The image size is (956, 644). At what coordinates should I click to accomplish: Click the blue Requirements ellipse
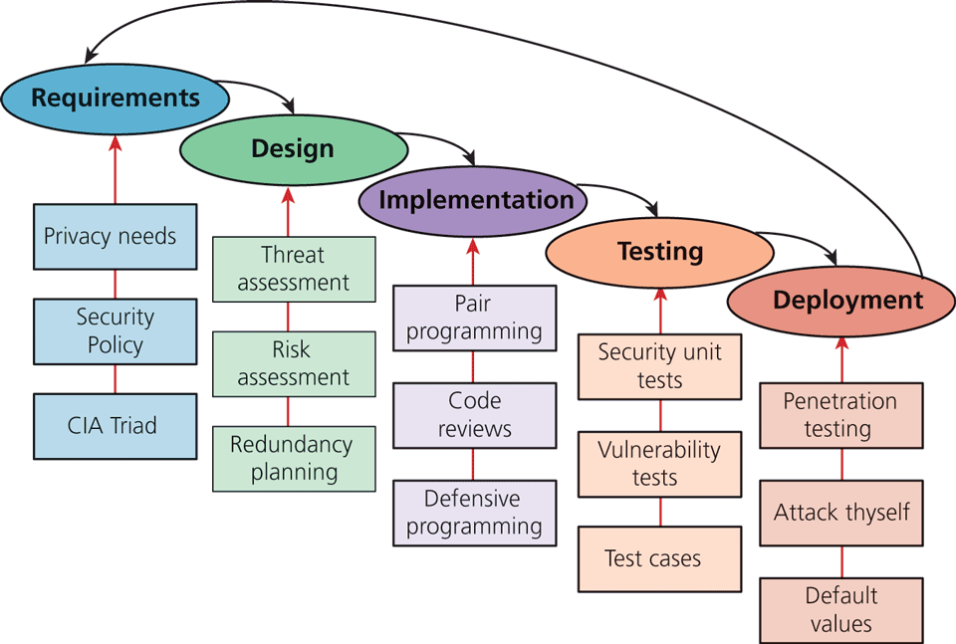(x=115, y=98)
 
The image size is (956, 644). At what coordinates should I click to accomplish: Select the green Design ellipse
(x=293, y=149)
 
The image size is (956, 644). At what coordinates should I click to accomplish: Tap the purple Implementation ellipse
(x=473, y=200)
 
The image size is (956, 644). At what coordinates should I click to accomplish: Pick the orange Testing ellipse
(x=659, y=252)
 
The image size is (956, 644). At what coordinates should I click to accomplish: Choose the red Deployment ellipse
(x=841, y=302)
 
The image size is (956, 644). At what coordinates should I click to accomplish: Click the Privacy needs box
(x=115, y=237)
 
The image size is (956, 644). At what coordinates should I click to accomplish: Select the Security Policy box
(x=115, y=331)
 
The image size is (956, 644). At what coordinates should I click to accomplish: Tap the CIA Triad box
(x=115, y=426)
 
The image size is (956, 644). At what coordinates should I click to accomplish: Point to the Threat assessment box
(x=294, y=269)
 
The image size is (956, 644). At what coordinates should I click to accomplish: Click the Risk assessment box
(x=294, y=364)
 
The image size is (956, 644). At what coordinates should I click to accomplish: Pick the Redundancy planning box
(x=294, y=458)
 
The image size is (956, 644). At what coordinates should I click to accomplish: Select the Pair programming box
(x=474, y=318)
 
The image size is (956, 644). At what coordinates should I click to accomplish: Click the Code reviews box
(x=474, y=415)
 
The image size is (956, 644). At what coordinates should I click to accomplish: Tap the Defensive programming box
(x=474, y=513)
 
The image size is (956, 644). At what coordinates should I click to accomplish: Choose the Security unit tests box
(x=659, y=366)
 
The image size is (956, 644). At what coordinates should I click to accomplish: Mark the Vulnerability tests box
(x=659, y=464)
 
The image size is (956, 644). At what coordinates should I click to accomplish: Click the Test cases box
(x=659, y=559)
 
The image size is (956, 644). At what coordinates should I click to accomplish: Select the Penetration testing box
(x=841, y=415)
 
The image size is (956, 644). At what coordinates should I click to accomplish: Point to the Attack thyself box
(x=841, y=513)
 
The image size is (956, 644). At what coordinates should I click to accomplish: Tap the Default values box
(x=841, y=609)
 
